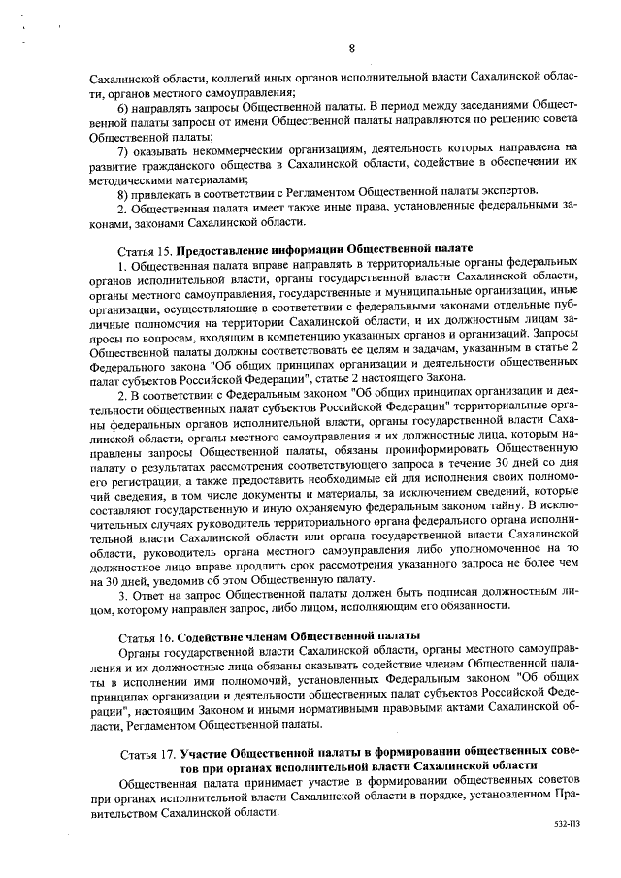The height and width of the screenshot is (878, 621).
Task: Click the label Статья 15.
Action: pyautogui.click(x=146, y=250)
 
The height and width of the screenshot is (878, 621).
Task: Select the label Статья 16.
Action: pyautogui.click(x=146, y=634)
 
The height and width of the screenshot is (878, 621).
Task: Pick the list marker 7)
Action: pyautogui.click(x=124, y=148)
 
